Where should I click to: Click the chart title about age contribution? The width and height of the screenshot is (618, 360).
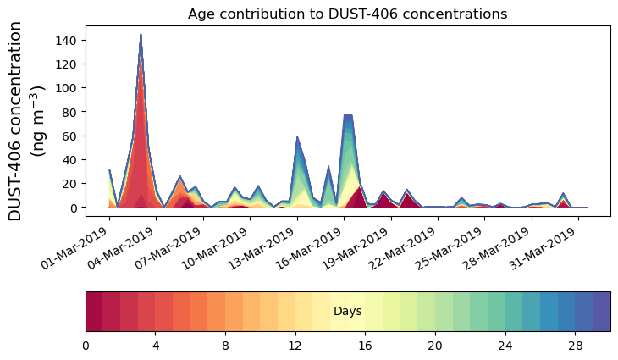pos(347,14)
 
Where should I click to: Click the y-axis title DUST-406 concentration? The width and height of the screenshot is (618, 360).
pos(25,120)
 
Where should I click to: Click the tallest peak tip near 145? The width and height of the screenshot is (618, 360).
pos(141,35)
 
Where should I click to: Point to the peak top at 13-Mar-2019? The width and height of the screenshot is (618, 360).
pos(297,136)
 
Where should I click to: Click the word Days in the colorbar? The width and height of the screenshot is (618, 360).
pos(347,312)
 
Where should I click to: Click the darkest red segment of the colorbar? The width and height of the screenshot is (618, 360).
pos(94,312)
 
